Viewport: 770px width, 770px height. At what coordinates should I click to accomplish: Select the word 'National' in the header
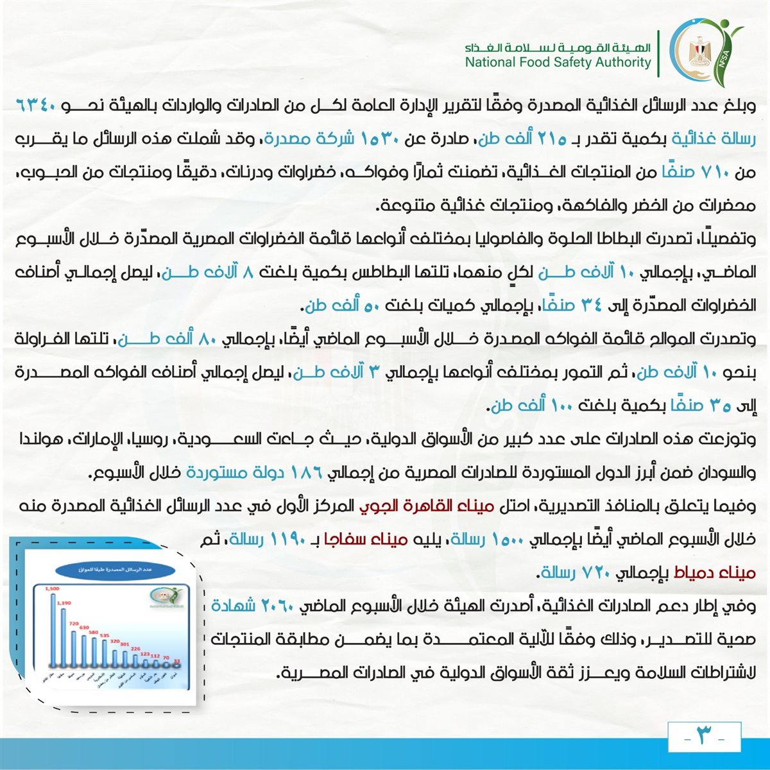point(488,62)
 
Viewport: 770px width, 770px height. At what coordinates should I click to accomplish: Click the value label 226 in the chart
point(135,649)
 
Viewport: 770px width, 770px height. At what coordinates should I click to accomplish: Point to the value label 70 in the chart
point(166,658)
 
